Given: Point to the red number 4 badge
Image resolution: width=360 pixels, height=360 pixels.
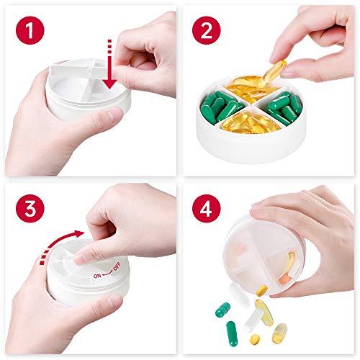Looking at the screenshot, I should (208, 208).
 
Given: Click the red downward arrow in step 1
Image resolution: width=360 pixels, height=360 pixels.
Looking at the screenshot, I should (109, 72).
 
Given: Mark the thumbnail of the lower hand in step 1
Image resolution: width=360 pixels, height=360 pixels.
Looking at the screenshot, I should (108, 115).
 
